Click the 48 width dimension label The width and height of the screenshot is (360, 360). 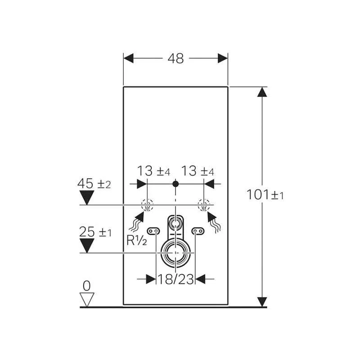pyautogui.click(x=175, y=58)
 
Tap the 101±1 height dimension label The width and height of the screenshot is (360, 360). pyautogui.click(x=265, y=195)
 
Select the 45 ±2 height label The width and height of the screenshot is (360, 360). pyautogui.click(x=94, y=184)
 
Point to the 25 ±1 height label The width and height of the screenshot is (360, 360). pyautogui.click(x=95, y=232)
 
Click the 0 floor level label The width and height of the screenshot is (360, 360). pyautogui.click(x=86, y=286)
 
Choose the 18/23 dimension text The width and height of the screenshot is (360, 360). pyautogui.click(x=175, y=279)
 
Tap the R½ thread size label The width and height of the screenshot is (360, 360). pyautogui.click(x=137, y=241)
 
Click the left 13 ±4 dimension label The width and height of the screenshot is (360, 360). pyautogui.click(x=153, y=171)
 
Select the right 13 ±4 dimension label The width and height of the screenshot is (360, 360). pyautogui.click(x=198, y=171)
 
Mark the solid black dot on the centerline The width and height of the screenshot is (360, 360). pyautogui.click(x=175, y=184)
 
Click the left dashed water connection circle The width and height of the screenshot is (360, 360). pyautogui.click(x=147, y=205)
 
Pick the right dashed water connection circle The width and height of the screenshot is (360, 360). pyautogui.click(x=204, y=205)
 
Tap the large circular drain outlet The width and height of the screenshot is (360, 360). pyautogui.click(x=175, y=253)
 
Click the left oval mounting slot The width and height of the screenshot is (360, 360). pyautogui.click(x=153, y=231)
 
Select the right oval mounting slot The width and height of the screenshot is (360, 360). pyautogui.click(x=198, y=231)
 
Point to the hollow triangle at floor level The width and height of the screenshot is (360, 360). pyautogui.click(x=87, y=299)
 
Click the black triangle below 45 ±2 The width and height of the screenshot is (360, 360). pyautogui.click(x=87, y=198)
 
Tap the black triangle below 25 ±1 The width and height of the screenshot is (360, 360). pyautogui.click(x=87, y=246)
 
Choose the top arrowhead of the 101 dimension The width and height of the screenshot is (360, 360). pyautogui.click(x=262, y=92)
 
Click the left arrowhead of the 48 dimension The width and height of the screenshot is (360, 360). pyautogui.click(x=129, y=58)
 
